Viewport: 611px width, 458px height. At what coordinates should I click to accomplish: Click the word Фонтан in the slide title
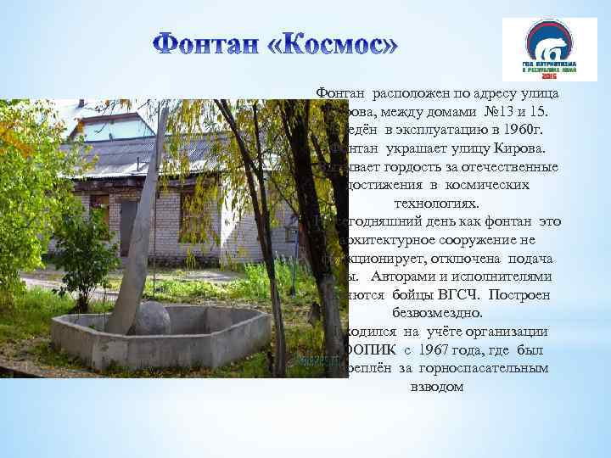(x=210, y=44)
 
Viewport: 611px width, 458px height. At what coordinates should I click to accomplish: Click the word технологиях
(x=437, y=203)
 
